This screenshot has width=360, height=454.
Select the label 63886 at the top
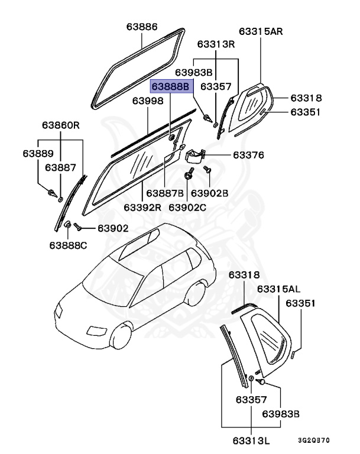click(x=142, y=27)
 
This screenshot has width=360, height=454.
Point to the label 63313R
click(x=216, y=44)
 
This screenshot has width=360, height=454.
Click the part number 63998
click(x=147, y=101)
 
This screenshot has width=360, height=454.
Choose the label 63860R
click(x=60, y=126)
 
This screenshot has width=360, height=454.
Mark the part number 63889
click(x=37, y=153)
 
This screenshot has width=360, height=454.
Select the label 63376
click(x=248, y=155)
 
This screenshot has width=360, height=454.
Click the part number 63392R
click(x=142, y=207)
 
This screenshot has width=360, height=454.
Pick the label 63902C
click(x=187, y=207)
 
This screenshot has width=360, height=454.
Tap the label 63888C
click(x=68, y=245)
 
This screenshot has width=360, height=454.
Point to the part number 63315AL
click(x=278, y=289)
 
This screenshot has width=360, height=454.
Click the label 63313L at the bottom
click(x=250, y=439)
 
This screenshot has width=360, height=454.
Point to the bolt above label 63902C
click(x=188, y=176)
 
